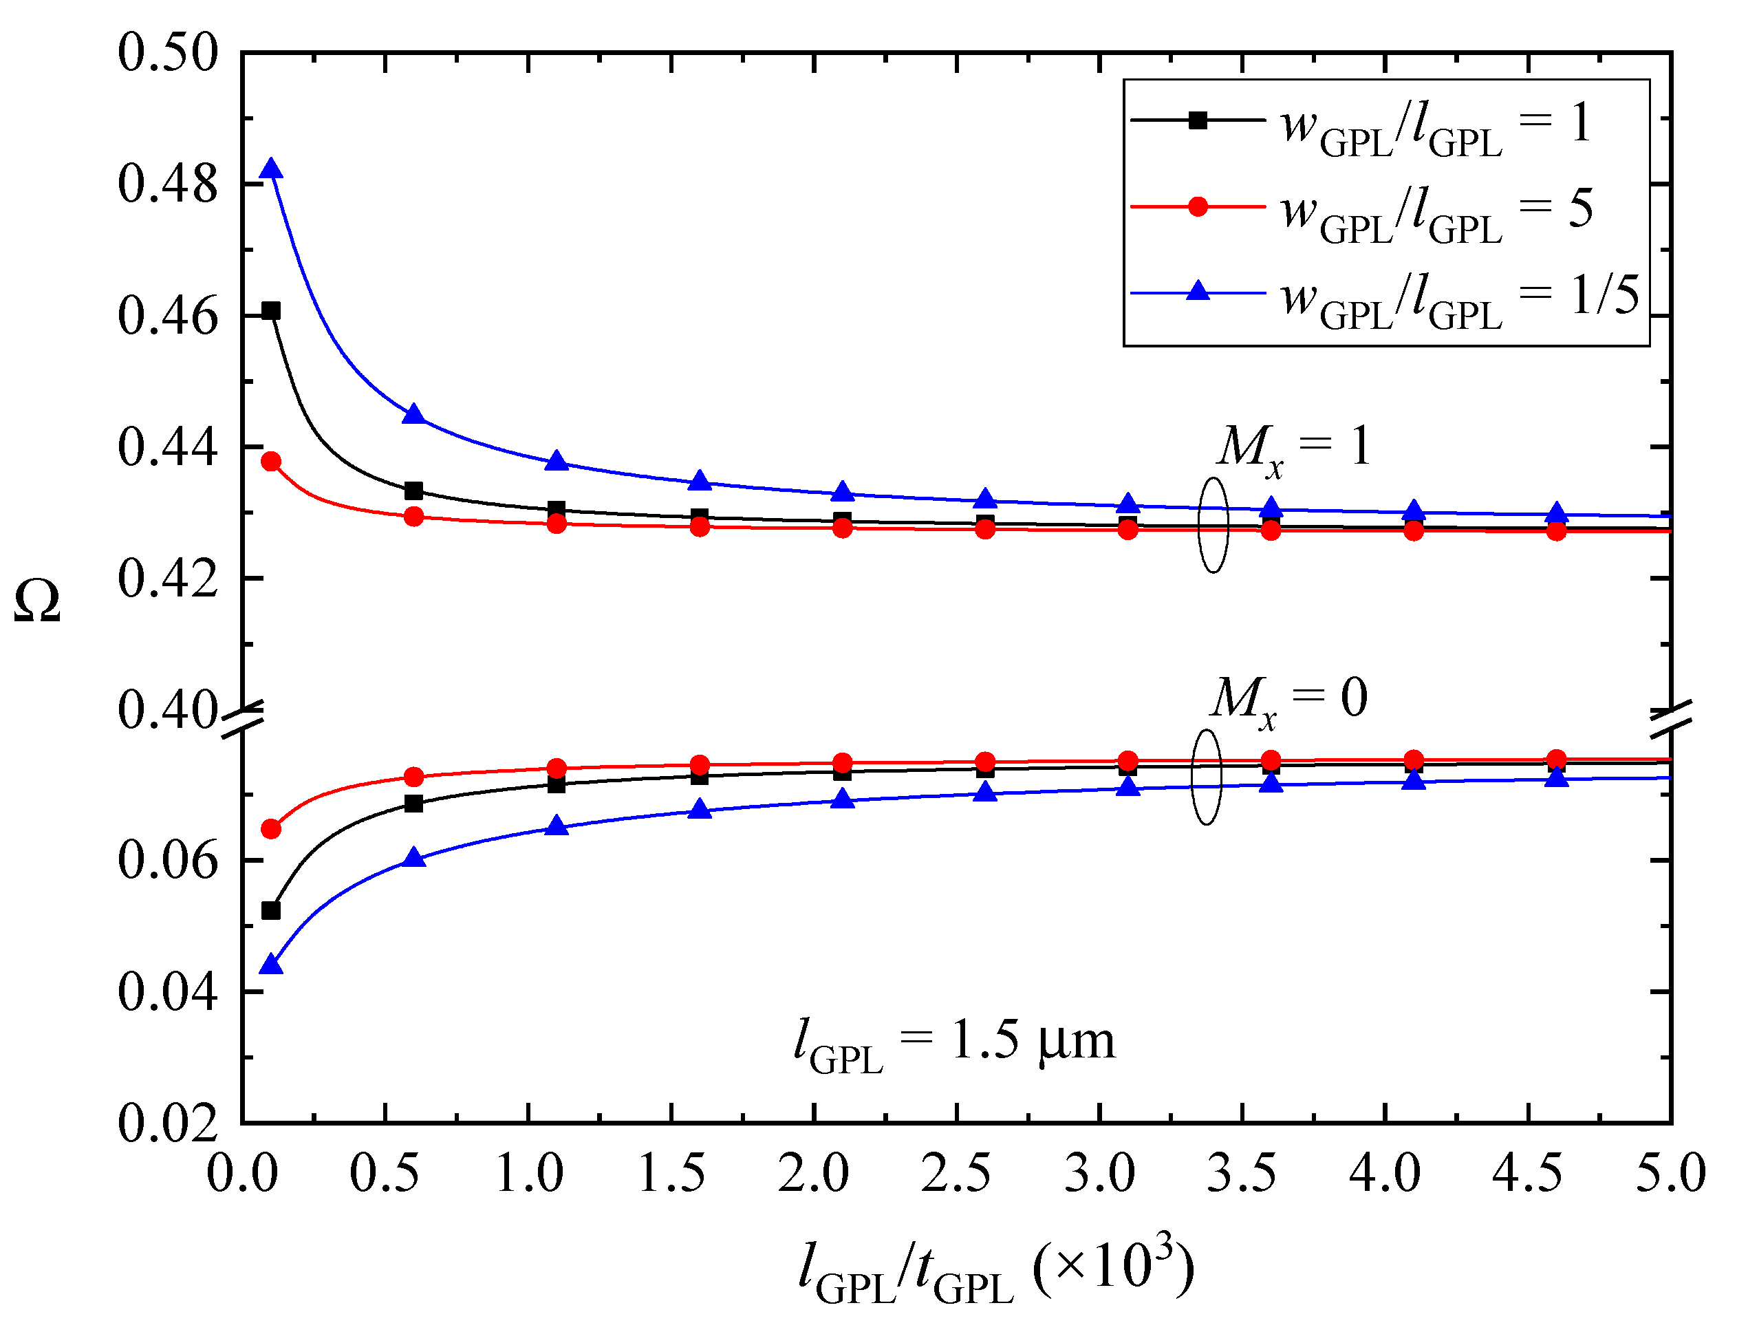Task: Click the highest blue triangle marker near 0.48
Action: pyautogui.click(x=271, y=169)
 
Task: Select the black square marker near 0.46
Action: pyautogui.click(x=271, y=310)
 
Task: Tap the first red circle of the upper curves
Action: pyautogui.click(x=271, y=462)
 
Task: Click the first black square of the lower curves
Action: pyautogui.click(x=271, y=910)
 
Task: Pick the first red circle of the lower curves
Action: pyautogui.click(x=271, y=828)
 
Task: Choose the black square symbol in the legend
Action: pyautogui.click(x=1198, y=120)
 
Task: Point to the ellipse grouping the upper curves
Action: pyautogui.click(x=1213, y=524)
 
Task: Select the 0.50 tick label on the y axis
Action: pyautogui.click(x=167, y=54)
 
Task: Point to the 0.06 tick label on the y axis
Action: pyautogui.click(x=167, y=860)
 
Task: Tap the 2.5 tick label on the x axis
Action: pyautogui.click(x=956, y=1174)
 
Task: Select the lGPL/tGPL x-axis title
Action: pyautogui.click(x=995, y=1268)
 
